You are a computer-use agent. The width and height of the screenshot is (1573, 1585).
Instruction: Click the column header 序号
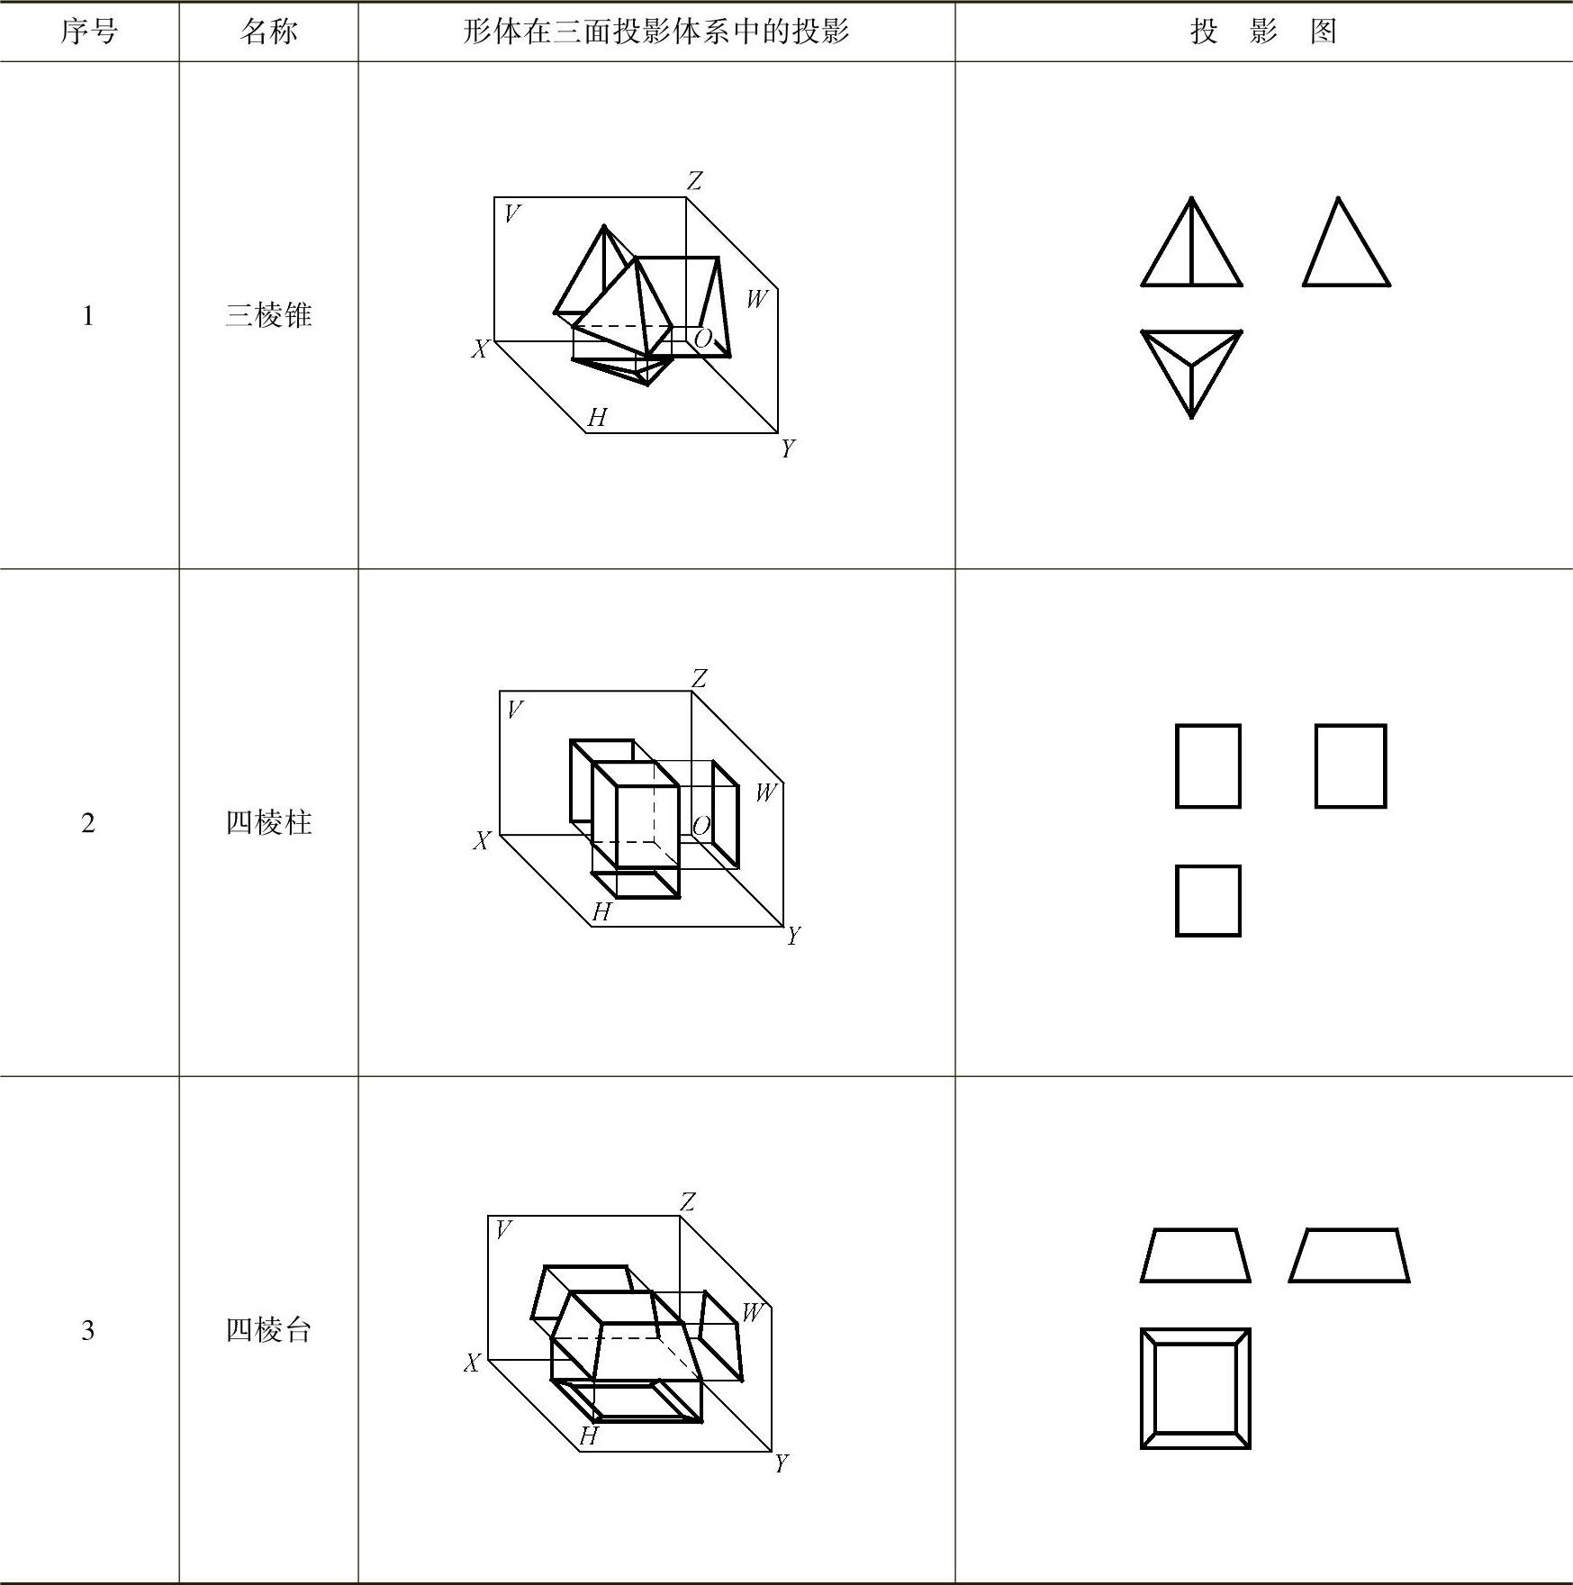click(88, 32)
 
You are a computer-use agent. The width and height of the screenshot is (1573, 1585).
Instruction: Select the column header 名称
click(268, 32)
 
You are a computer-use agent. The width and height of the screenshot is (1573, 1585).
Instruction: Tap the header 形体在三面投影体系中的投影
click(655, 32)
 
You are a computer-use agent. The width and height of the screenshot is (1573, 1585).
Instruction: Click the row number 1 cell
click(88, 316)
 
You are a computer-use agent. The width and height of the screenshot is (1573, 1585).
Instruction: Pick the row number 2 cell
click(88, 823)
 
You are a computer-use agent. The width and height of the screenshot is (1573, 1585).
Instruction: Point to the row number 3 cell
click(88, 1331)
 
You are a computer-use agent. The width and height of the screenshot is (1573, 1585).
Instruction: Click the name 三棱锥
click(268, 316)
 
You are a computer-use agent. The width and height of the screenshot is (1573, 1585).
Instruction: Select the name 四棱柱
click(268, 823)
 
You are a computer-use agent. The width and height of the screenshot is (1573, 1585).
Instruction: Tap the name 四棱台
click(268, 1331)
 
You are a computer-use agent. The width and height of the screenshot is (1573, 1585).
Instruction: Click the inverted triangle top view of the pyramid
click(1191, 369)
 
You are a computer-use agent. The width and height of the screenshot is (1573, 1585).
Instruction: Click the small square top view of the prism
click(1207, 901)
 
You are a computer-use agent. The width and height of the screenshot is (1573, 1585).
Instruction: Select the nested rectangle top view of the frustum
click(1195, 1388)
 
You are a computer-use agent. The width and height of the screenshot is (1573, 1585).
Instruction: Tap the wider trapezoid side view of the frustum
click(1349, 1255)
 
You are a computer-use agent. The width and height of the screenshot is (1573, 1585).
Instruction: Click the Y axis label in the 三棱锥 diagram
click(788, 448)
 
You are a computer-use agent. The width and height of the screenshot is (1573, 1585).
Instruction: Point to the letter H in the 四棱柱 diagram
click(601, 912)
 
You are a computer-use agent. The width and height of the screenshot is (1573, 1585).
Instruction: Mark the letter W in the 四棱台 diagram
click(752, 1312)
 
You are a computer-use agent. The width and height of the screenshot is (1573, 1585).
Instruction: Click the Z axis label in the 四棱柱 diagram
click(699, 678)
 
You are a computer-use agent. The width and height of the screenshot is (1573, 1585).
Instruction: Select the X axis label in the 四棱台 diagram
click(472, 1363)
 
